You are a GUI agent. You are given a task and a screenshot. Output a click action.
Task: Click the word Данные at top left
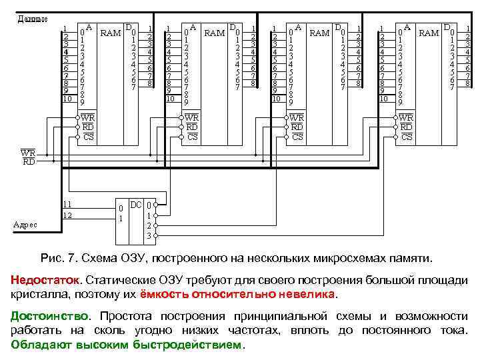(x=31, y=18)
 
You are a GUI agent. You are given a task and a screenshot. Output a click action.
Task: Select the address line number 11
(x=67, y=204)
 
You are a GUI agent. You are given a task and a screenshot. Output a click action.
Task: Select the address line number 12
(x=67, y=215)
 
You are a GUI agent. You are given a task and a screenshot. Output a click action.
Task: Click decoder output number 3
(x=149, y=237)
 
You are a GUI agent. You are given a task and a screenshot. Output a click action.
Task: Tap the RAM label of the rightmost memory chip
(x=428, y=32)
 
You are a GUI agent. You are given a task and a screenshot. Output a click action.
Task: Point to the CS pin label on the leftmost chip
(x=89, y=137)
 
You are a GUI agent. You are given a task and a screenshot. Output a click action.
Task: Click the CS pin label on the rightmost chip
(x=407, y=137)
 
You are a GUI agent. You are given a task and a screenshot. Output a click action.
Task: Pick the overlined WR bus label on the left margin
(x=29, y=153)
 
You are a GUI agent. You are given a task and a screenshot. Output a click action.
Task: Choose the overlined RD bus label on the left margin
(x=29, y=161)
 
